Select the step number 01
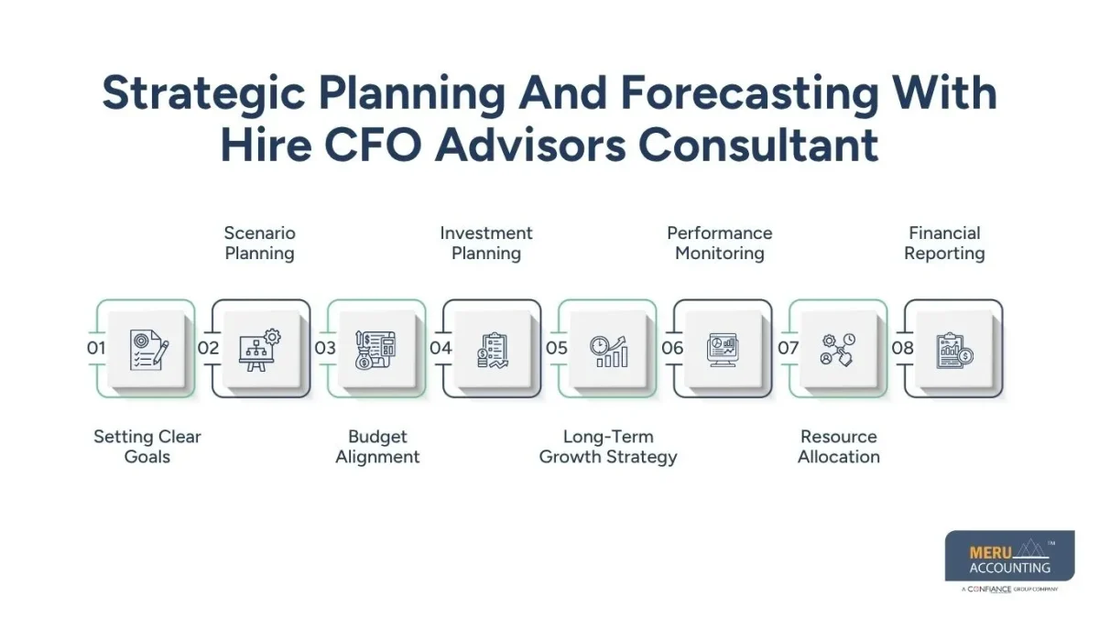pos(96,348)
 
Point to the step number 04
pos(441,348)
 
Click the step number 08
pos(903,348)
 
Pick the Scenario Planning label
pos(260,244)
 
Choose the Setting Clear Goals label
pos(147,447)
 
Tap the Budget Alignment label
pos(377,447)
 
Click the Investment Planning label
pos(486,244)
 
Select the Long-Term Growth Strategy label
pos(608,447)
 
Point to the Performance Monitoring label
pos(720,244)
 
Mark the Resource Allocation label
pos(839,447)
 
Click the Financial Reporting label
pos(944,244)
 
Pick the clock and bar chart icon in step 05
pos(609,350)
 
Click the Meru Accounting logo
pos(1009,558)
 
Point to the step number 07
pos(788,348)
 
